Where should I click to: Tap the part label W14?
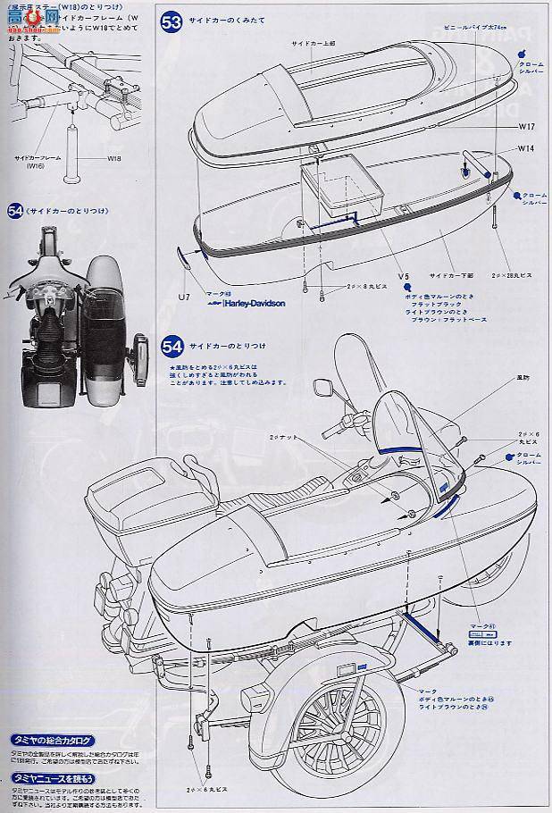pos(524,149)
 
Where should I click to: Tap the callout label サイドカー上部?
pos(311,44)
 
